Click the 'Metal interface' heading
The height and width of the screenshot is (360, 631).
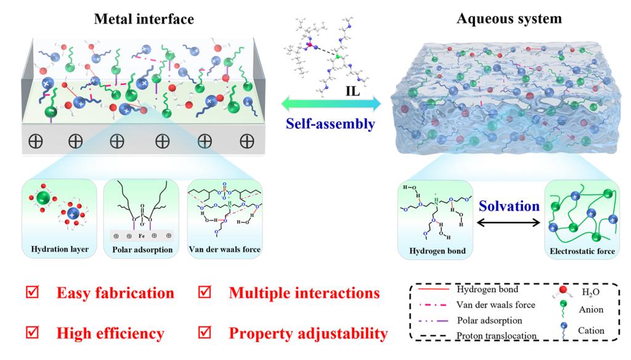[x=144, y=19]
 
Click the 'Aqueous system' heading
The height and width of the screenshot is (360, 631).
[x=509, y=18]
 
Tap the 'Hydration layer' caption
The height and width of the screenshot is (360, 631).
[x=59, y=251]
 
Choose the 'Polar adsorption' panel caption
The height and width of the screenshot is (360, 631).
[x=143, y=251]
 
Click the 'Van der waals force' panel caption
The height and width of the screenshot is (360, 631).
[x=226, y=251]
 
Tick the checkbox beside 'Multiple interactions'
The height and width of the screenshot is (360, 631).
[x=205, y=292]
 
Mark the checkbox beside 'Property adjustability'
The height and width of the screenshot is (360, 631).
[x=205, y=333]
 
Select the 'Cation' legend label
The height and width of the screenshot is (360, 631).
[x=591, y=330]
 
